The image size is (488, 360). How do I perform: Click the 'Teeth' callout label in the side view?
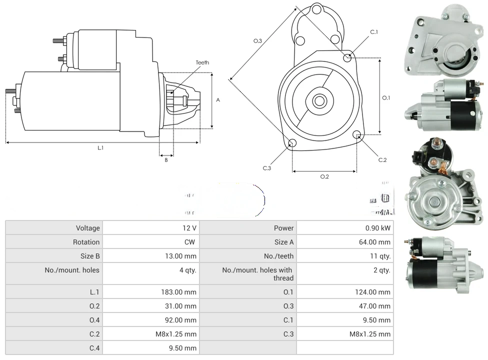coord(202,62)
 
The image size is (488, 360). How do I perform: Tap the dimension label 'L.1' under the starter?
coord(100,147)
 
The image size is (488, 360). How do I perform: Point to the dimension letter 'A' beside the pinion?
coord(218,100)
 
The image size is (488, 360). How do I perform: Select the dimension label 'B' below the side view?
coord(166,160)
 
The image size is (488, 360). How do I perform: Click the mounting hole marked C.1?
coord(348,57)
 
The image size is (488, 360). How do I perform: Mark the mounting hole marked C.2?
coord(357,135)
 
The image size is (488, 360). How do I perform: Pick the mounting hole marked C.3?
coord(293,144)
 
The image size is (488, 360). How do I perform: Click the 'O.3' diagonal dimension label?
coord(257,41)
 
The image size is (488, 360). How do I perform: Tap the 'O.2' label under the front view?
coord(324,176)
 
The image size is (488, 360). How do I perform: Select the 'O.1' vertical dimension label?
coord(386,98)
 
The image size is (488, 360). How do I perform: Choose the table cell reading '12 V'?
coord(189,228)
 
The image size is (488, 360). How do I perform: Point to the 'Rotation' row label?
coord(86,242)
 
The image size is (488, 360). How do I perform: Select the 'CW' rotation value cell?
coord(192,242)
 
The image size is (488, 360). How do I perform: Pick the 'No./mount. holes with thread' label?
coord(258,274)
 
